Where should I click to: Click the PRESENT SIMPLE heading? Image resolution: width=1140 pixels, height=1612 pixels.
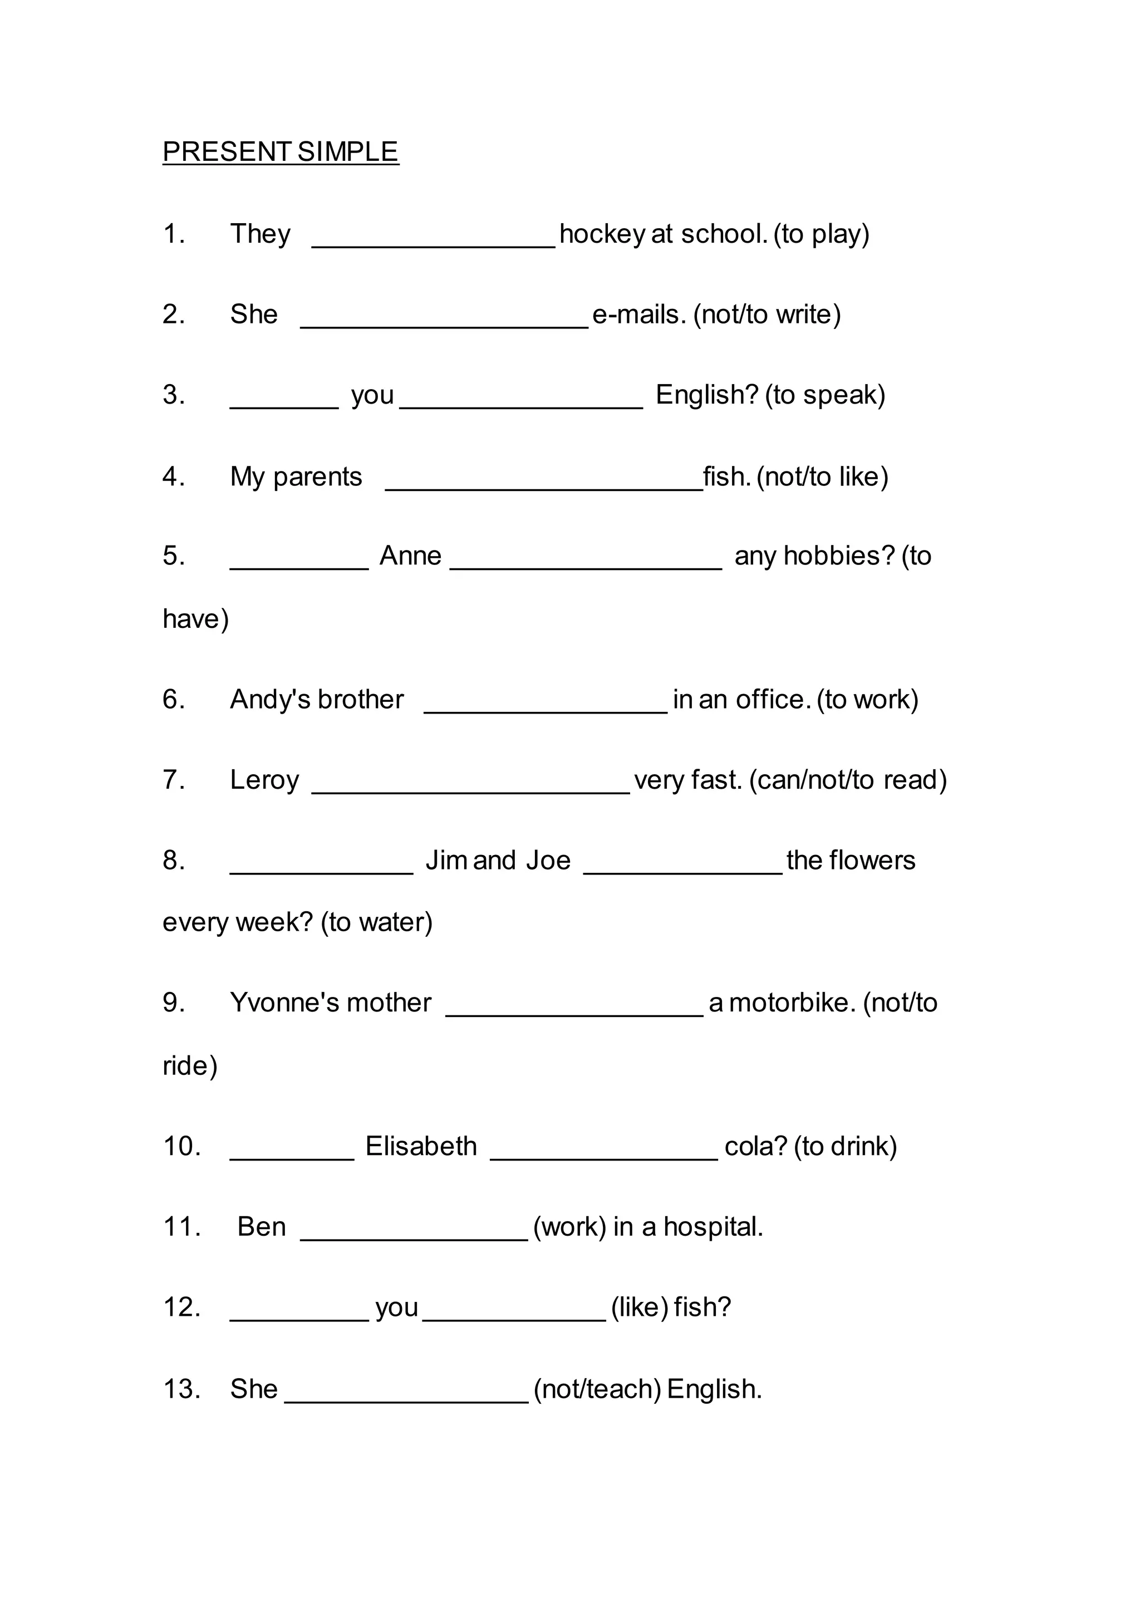point(280,151)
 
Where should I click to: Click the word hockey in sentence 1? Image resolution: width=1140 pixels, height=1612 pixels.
point(602,234)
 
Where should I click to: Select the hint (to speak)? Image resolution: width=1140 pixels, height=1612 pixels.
point(825,395)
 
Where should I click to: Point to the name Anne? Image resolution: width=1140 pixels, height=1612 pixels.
point(411,556)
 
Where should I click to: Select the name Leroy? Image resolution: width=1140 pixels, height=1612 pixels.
point(264,780)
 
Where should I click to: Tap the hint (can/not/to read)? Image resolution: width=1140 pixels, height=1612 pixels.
point(848,780)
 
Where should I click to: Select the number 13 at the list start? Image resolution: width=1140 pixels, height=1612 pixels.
point(181,1389)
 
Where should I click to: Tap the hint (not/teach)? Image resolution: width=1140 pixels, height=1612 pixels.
point(597,1389)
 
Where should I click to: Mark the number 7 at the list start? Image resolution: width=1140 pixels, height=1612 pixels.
point(173,780)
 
